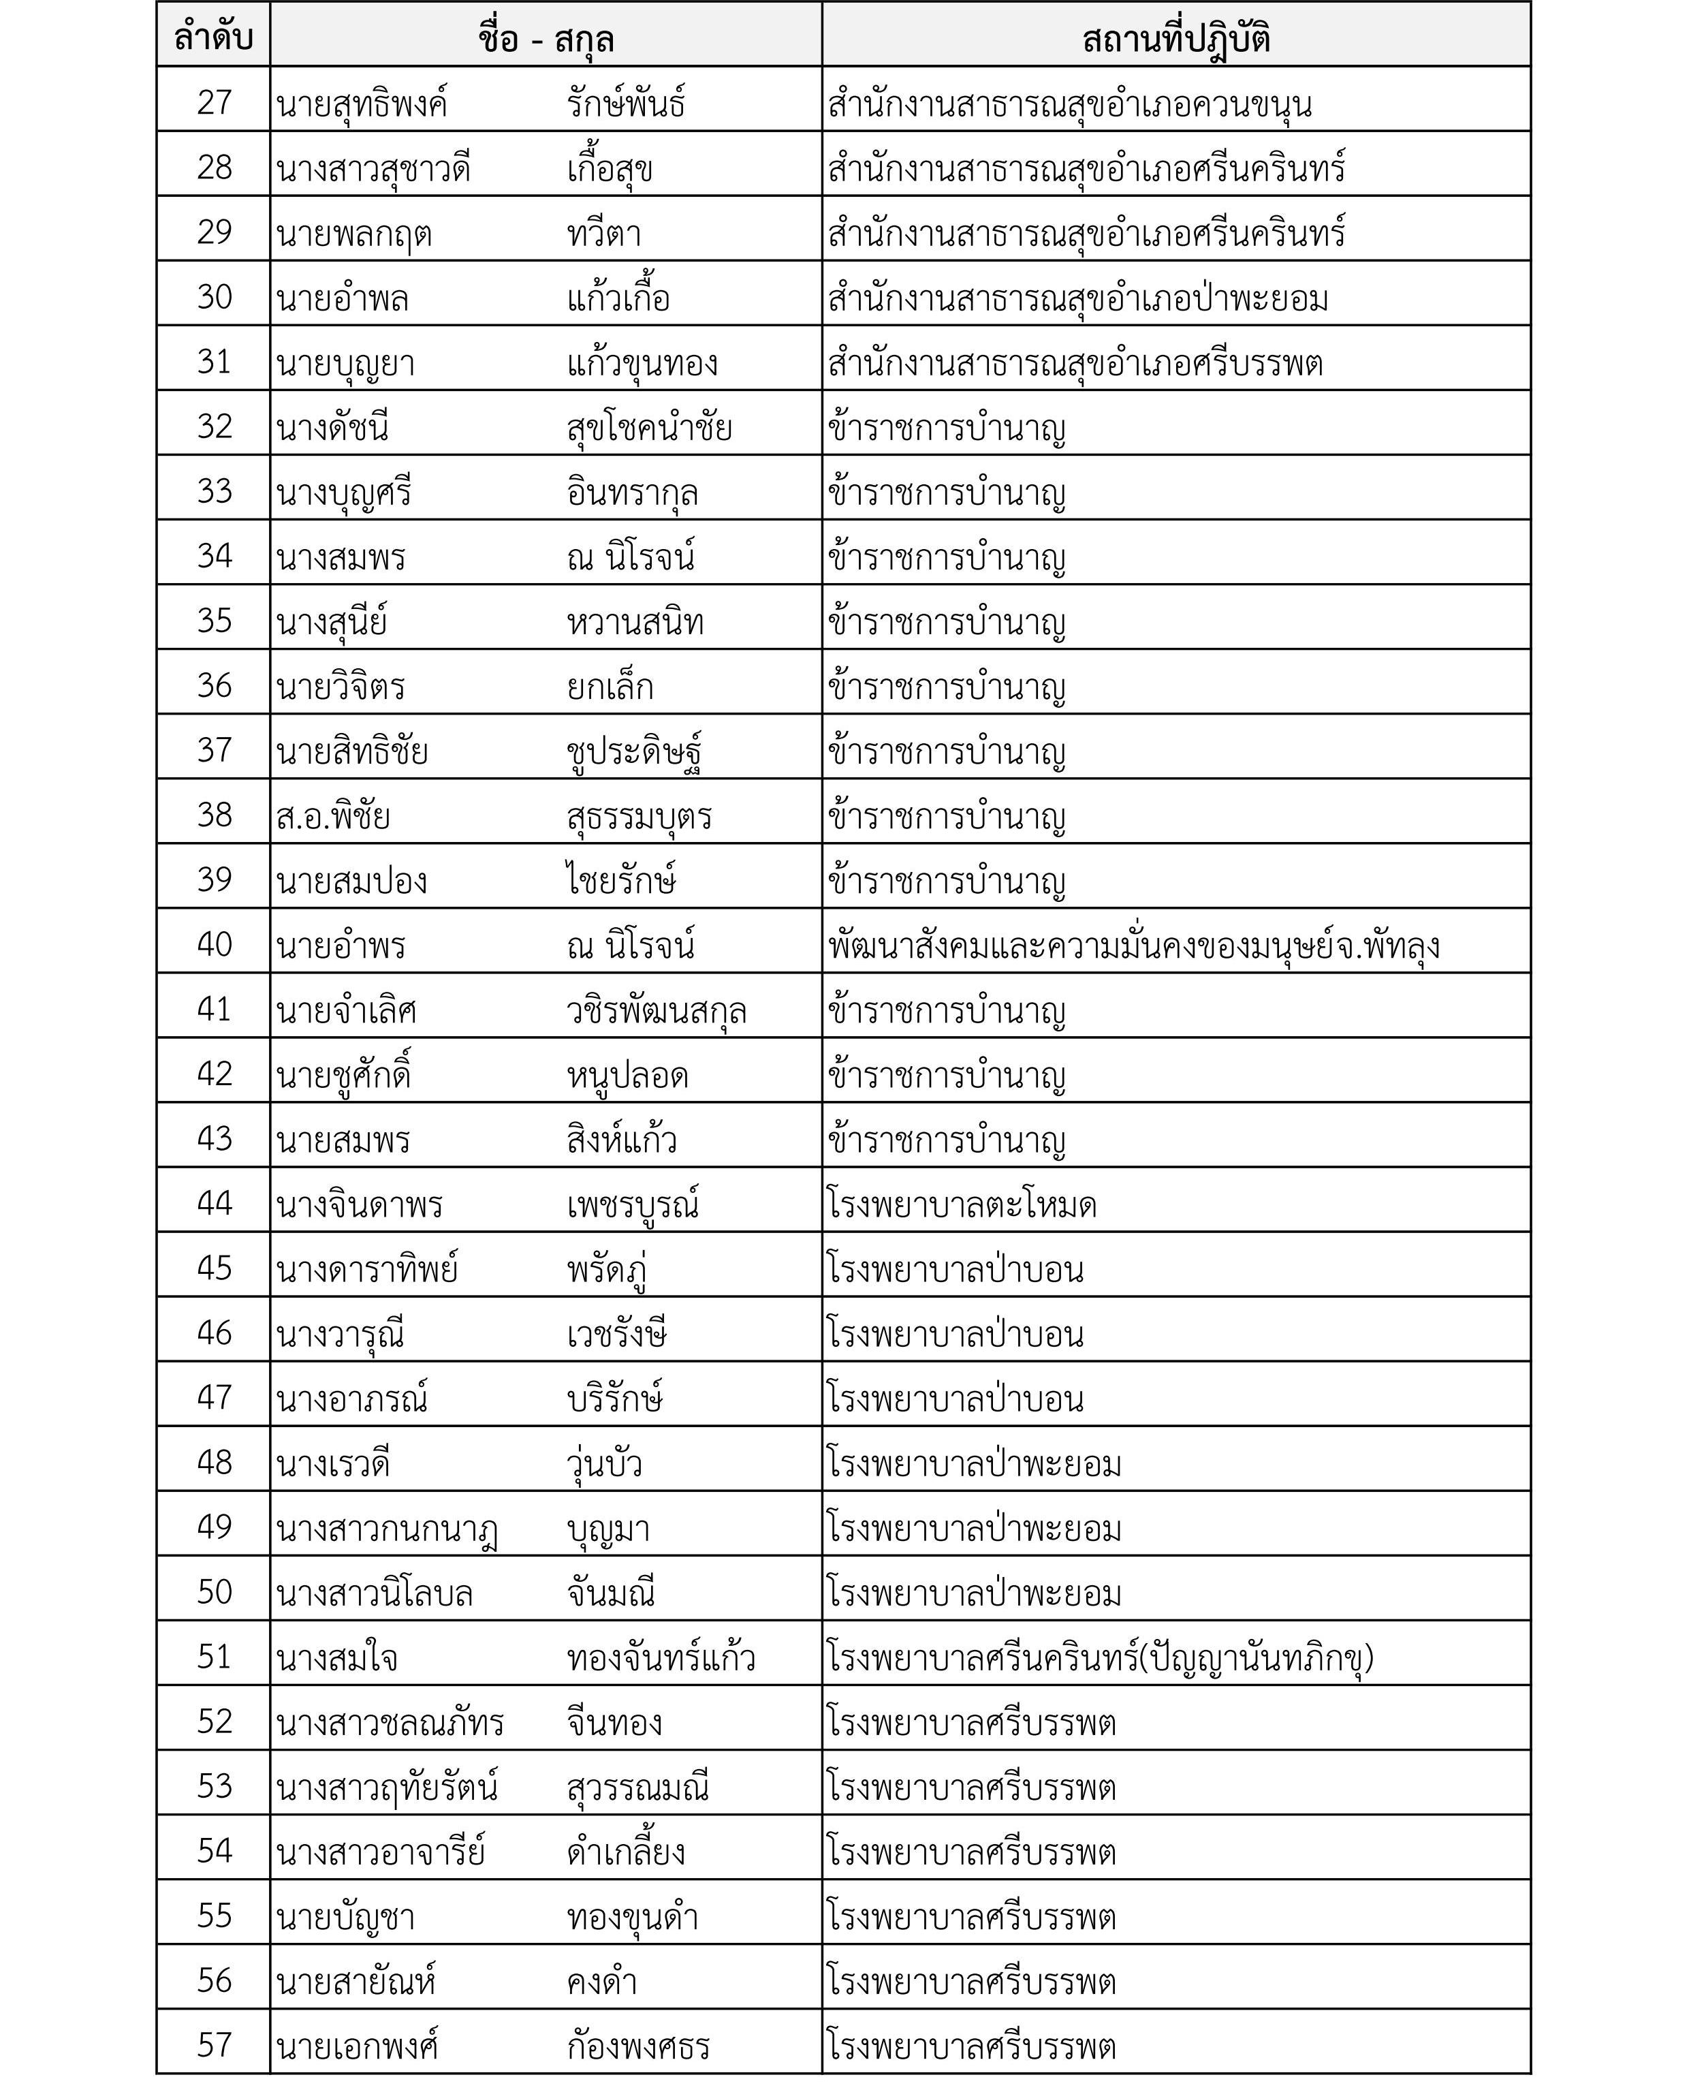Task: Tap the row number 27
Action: pyautogui.click(x=214, y=102)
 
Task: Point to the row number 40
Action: pyautogui.click(x=214, y=943)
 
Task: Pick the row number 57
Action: pyautogui.click(x=214, y=2044)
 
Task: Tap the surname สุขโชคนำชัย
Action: pyautogui.click(x=649, y=428)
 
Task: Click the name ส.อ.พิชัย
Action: pyautogui.click(x=333, y=816)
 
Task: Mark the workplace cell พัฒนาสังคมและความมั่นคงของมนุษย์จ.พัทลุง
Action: pyautogui.click(x=1133, y=946)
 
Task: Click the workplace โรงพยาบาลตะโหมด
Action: pyautogui.click(x=961, y=1204)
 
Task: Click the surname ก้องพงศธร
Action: pyautogui.click(x=638, y=2046)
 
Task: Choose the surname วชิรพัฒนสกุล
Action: pyautogui.click(x=657, y=1011)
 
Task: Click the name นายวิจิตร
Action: pyautogui.click(x=341, y=687)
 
